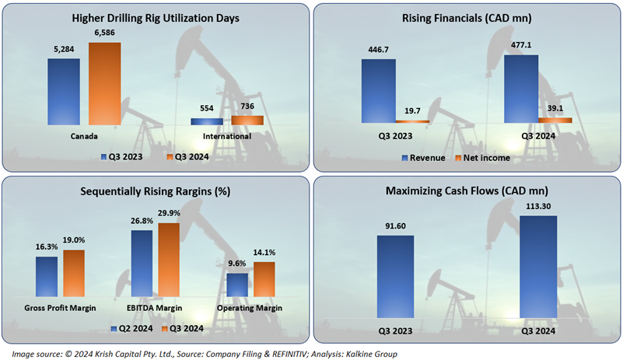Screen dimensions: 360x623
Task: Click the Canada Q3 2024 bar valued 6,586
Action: [103, 83]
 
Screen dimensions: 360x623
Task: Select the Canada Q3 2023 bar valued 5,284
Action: [63, 91]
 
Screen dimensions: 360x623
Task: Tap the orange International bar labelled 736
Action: [247, 120]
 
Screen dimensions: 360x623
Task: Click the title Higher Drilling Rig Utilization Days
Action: [155, 17]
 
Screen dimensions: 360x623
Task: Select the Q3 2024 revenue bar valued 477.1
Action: [520, 88]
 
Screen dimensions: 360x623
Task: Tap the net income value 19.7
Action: [411, 111]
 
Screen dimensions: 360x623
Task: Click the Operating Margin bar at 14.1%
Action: [264, 279]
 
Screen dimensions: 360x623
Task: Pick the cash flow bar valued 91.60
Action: [395, 276]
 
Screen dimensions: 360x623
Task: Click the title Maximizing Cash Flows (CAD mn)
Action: [467, 190]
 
